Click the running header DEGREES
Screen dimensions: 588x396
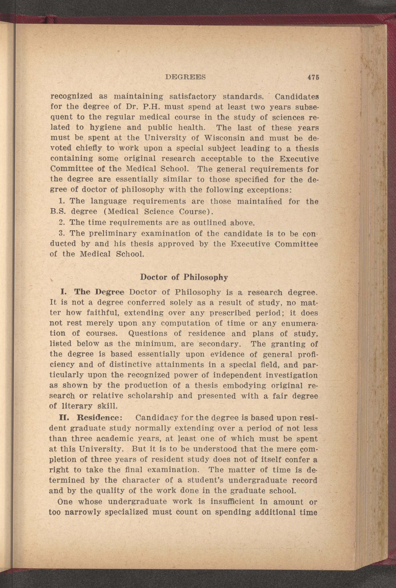(x=185, y=77)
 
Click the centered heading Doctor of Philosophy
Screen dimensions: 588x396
(x=184, y=277)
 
